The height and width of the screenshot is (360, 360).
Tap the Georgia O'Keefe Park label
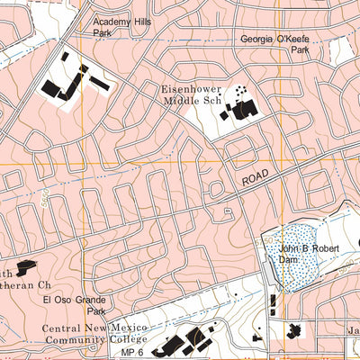coord(274,45)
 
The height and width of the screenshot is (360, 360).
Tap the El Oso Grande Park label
coord(74,306)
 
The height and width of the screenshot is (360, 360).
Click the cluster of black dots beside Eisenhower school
coord(240,91)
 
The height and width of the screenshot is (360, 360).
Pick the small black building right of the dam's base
coord(293,331)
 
